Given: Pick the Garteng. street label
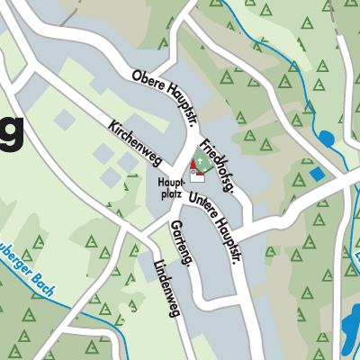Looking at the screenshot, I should (x=178, y=236).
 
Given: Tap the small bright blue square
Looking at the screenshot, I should (x=315, y=173).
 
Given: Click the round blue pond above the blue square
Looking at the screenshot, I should (x=325, y=138).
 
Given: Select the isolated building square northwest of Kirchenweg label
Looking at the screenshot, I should (x=64, y=118).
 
